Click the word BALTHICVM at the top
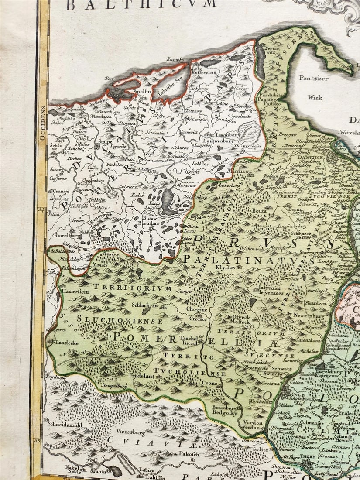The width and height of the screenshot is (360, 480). coord(141,5)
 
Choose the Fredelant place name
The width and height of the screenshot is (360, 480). coord(142,375)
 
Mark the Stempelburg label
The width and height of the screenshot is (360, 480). coord(115,386)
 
